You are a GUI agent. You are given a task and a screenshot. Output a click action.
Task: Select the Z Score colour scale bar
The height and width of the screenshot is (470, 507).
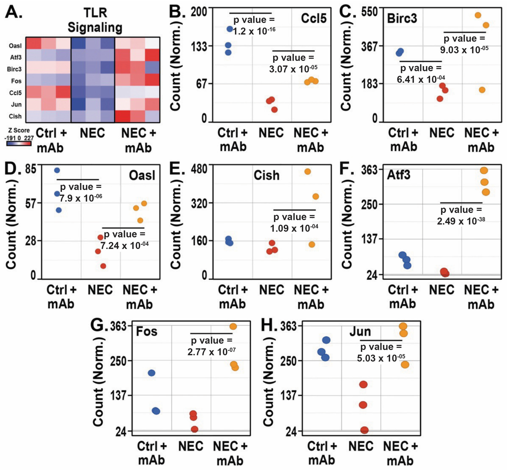point(19,143)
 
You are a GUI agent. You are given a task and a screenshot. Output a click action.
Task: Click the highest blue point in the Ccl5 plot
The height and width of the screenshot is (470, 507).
point(230,29)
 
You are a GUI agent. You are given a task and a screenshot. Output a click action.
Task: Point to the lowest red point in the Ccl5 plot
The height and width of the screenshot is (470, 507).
point(274,110)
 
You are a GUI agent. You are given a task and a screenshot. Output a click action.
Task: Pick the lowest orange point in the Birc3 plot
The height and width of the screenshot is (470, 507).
point(482,90)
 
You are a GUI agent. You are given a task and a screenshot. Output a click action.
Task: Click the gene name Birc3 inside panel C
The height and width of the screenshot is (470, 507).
point(402,19)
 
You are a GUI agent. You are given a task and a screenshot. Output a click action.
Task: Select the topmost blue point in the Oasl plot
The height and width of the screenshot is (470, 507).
point(57,170)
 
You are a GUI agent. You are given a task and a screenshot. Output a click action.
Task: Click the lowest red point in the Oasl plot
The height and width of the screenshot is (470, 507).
point(103,266)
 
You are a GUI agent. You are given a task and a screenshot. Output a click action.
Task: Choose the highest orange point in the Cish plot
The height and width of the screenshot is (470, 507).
point(308,172)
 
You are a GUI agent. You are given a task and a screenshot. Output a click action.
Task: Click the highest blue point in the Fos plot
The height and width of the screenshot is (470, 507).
point(152,373)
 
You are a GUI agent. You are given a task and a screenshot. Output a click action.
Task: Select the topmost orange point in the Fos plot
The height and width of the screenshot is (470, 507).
point(233,326)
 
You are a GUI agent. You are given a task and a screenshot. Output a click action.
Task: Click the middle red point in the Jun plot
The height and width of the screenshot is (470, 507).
point(363,405)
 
